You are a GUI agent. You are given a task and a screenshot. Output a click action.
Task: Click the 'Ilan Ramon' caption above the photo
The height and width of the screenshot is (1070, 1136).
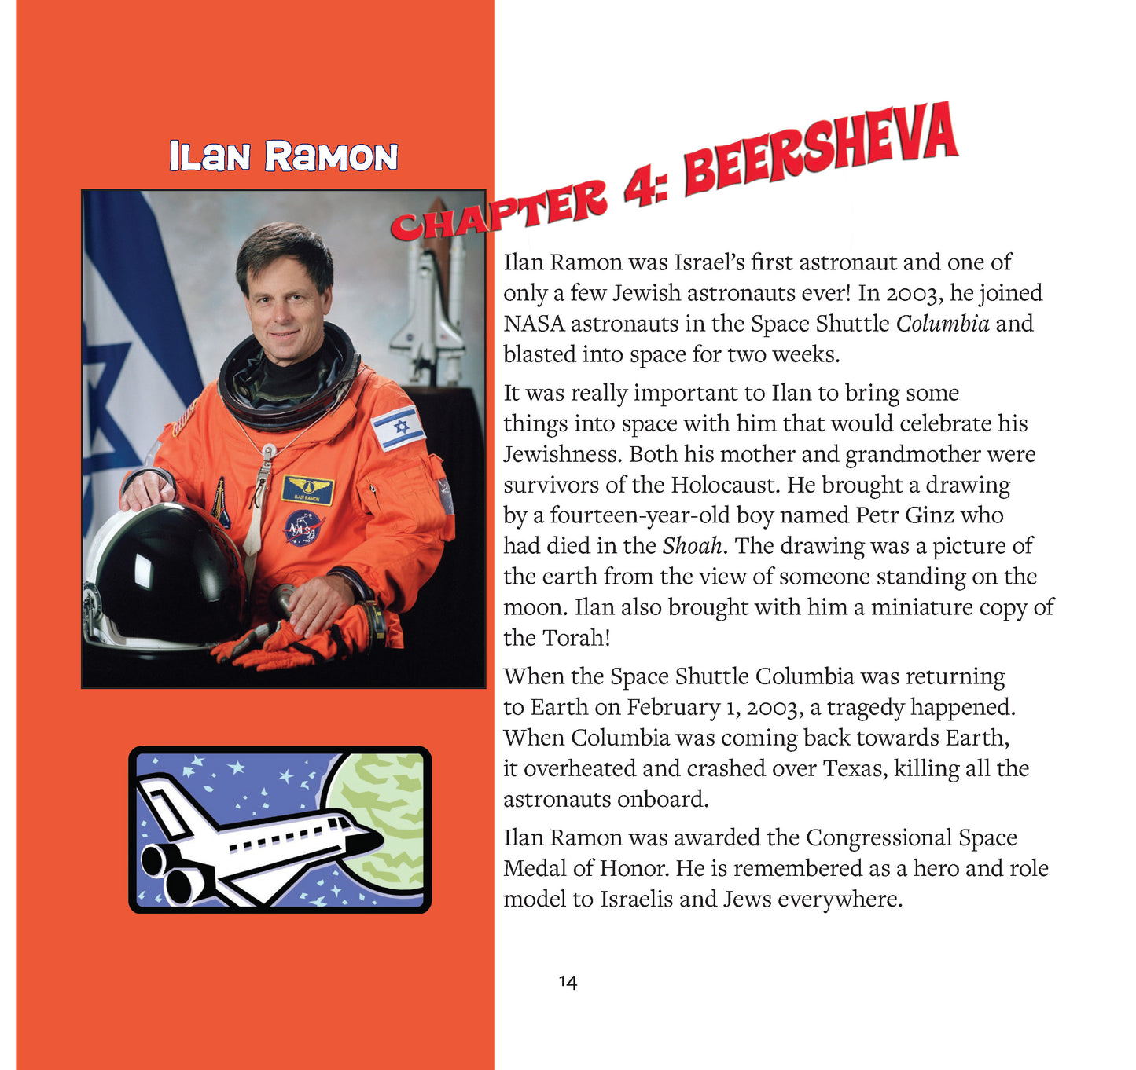283,156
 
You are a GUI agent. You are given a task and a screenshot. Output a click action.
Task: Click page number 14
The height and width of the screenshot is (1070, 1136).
568,982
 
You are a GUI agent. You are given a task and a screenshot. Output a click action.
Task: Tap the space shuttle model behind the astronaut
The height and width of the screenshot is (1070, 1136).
429,306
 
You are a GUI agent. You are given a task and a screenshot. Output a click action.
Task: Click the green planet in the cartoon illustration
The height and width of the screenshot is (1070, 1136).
381,817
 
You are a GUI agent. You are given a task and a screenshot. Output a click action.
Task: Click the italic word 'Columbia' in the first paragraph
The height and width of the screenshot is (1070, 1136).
943,324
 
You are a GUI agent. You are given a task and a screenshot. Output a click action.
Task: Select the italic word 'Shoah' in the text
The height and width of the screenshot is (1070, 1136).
692,546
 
